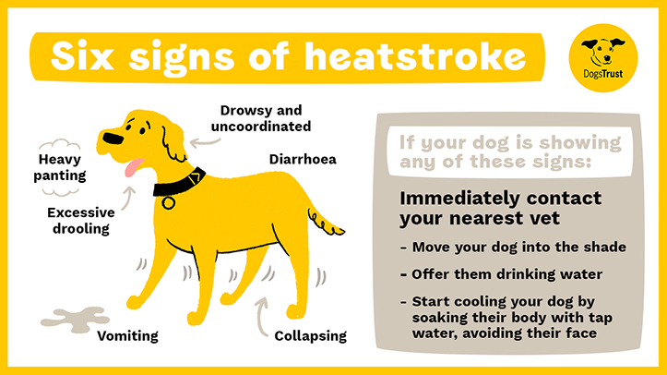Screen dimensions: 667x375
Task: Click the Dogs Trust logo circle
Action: point(602,58)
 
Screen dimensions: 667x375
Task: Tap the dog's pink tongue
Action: point(134,167)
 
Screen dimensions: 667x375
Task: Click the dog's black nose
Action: point(113,138)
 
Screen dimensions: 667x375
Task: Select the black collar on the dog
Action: point(179,183)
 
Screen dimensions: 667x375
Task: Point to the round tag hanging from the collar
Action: point(168,202)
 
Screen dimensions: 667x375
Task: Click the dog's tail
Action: point(326,222)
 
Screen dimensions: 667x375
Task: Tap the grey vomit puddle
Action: point(75,320)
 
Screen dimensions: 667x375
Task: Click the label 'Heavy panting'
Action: point(60,167)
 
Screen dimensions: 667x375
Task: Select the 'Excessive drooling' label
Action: point(81,221)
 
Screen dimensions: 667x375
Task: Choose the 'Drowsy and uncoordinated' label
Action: point(261,118)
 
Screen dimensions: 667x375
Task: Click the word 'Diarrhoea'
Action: point(303,159)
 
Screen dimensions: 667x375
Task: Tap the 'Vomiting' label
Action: point(127,336)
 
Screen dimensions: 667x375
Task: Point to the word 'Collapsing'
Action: point(311,336)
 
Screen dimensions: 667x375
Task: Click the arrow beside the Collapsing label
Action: point(260,317)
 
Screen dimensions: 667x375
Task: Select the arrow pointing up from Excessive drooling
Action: point(128,198)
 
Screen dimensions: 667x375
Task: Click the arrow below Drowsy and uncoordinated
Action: point(204,143)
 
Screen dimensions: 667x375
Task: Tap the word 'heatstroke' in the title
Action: point(415,56)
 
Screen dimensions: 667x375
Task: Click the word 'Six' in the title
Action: point(82,56)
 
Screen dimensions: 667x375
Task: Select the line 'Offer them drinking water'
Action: point(502,274)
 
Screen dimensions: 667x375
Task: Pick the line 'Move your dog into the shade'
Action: point(514,247)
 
